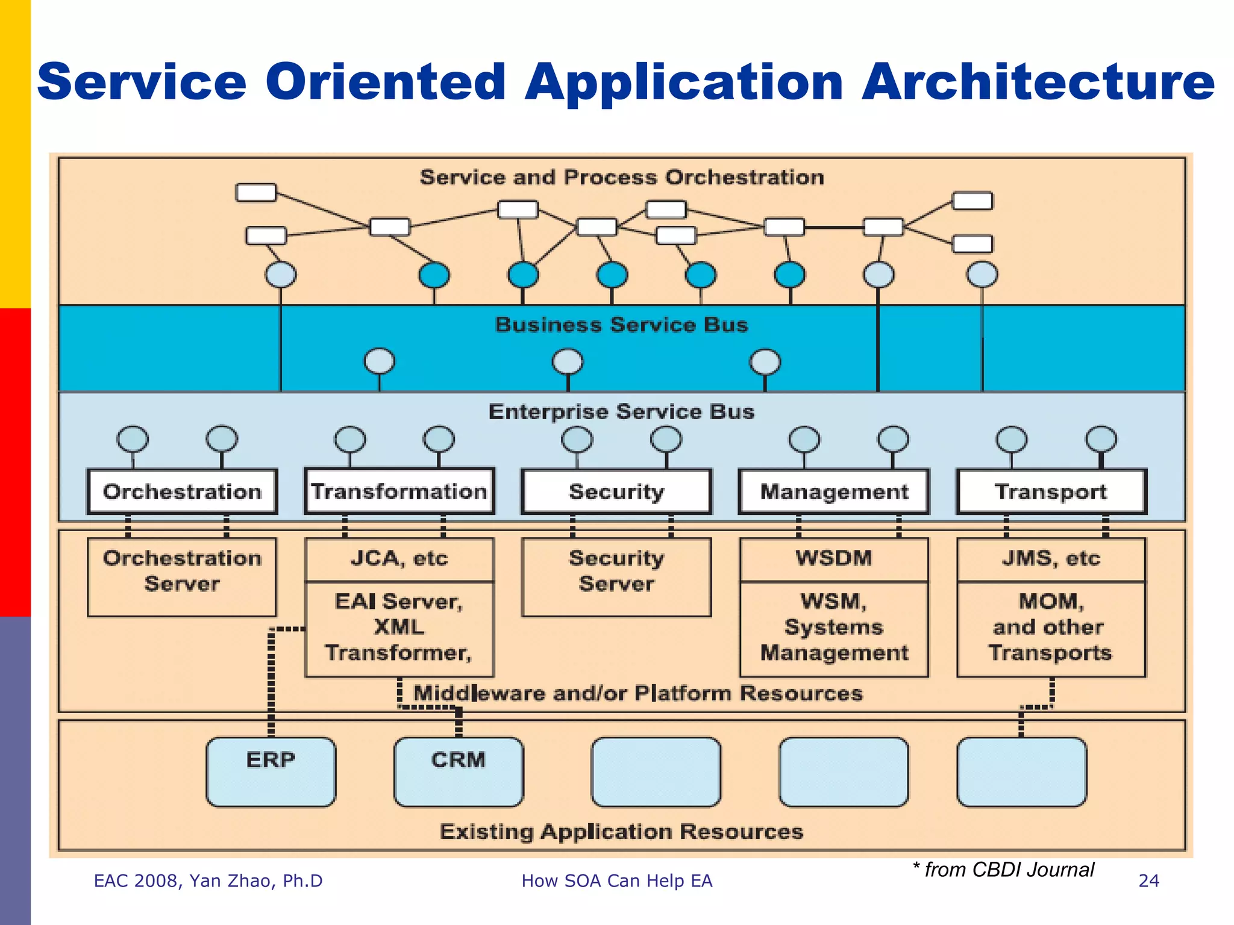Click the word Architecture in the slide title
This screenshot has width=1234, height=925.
pos(1038,83)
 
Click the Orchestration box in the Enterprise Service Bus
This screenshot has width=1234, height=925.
pos(182,491)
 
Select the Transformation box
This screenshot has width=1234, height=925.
pos(399,491)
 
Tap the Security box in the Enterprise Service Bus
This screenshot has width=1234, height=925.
pos(616,491)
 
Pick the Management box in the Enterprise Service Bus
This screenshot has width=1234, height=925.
pos(834,491)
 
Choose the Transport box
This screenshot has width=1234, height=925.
pos(1051,491)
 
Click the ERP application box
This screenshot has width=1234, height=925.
pos(271,771)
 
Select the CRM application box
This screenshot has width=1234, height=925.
pos(459,771)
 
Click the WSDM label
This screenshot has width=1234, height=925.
pos(834,558)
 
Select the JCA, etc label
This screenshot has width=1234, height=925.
pos(399,558)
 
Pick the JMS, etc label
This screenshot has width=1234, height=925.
pos(1051,558)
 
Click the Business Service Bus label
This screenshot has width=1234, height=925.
pos(621,325)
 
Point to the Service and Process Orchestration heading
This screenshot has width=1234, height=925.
pos(621,177)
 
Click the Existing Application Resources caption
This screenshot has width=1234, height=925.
pos(621,832)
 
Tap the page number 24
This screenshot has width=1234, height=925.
pos(1148,881)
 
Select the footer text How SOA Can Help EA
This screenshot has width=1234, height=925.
pos(616,881)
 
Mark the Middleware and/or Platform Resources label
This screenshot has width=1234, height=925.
pos(637,693)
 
